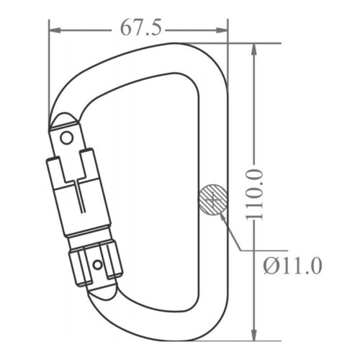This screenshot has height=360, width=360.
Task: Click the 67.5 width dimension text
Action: [x=140, y=27]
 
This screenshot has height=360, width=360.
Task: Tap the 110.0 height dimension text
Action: [x=254, y=194]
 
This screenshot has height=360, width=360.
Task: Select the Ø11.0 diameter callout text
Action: [x=292, y=266]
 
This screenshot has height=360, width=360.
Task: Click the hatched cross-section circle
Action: [x=213, y=199]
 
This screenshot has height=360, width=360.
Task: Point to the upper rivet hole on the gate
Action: [x=66, y=138]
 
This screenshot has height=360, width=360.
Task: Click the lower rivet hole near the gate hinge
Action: [x=97, y=265]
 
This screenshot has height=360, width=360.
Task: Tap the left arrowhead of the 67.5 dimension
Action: [x=55, y=30]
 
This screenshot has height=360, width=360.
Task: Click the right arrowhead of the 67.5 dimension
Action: [x=222, y=30]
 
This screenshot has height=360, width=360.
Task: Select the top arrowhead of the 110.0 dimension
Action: [x=254, y=50]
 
